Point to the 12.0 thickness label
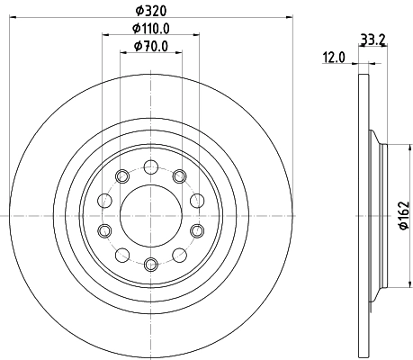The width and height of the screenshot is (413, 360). pyautogui.click(x=334, y=58)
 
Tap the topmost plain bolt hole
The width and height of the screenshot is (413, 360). pyautogui.click(x=150, y=166)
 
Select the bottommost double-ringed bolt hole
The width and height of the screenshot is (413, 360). pyautogui.click(x=150, y=264)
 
